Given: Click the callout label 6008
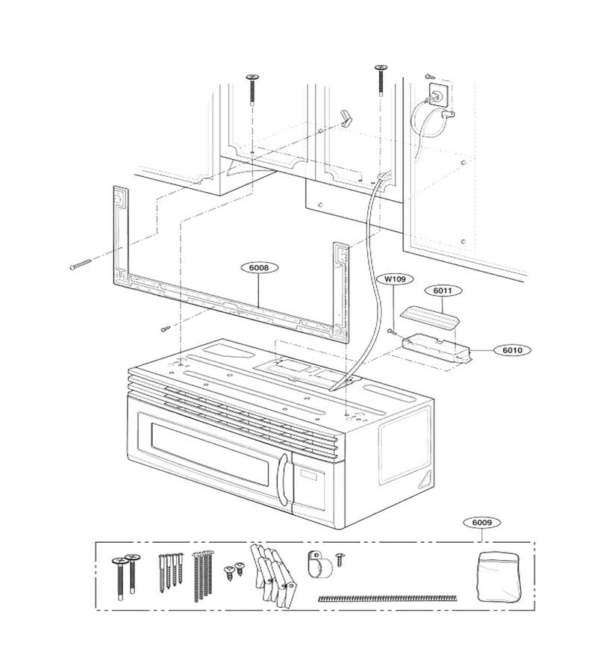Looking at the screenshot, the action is [259, 268].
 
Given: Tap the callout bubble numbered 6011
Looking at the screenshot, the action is [443, 290].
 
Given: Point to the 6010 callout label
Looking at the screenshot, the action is [512, 350].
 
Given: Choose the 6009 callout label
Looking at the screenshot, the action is [482, 523].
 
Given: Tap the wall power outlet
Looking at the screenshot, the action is [439, 95].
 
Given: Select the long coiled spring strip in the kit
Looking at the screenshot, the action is [387, 597].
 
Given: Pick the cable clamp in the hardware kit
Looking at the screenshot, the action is [320, 563].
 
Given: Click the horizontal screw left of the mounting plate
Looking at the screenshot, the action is [81, 265].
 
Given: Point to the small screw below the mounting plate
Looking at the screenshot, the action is [166, 329].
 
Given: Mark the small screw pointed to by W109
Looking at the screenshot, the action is [391, 331].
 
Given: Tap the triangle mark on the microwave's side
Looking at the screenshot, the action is [427, 477].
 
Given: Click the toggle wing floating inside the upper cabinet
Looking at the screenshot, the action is [346, 118].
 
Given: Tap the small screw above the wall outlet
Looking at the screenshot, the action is [430, 77].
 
